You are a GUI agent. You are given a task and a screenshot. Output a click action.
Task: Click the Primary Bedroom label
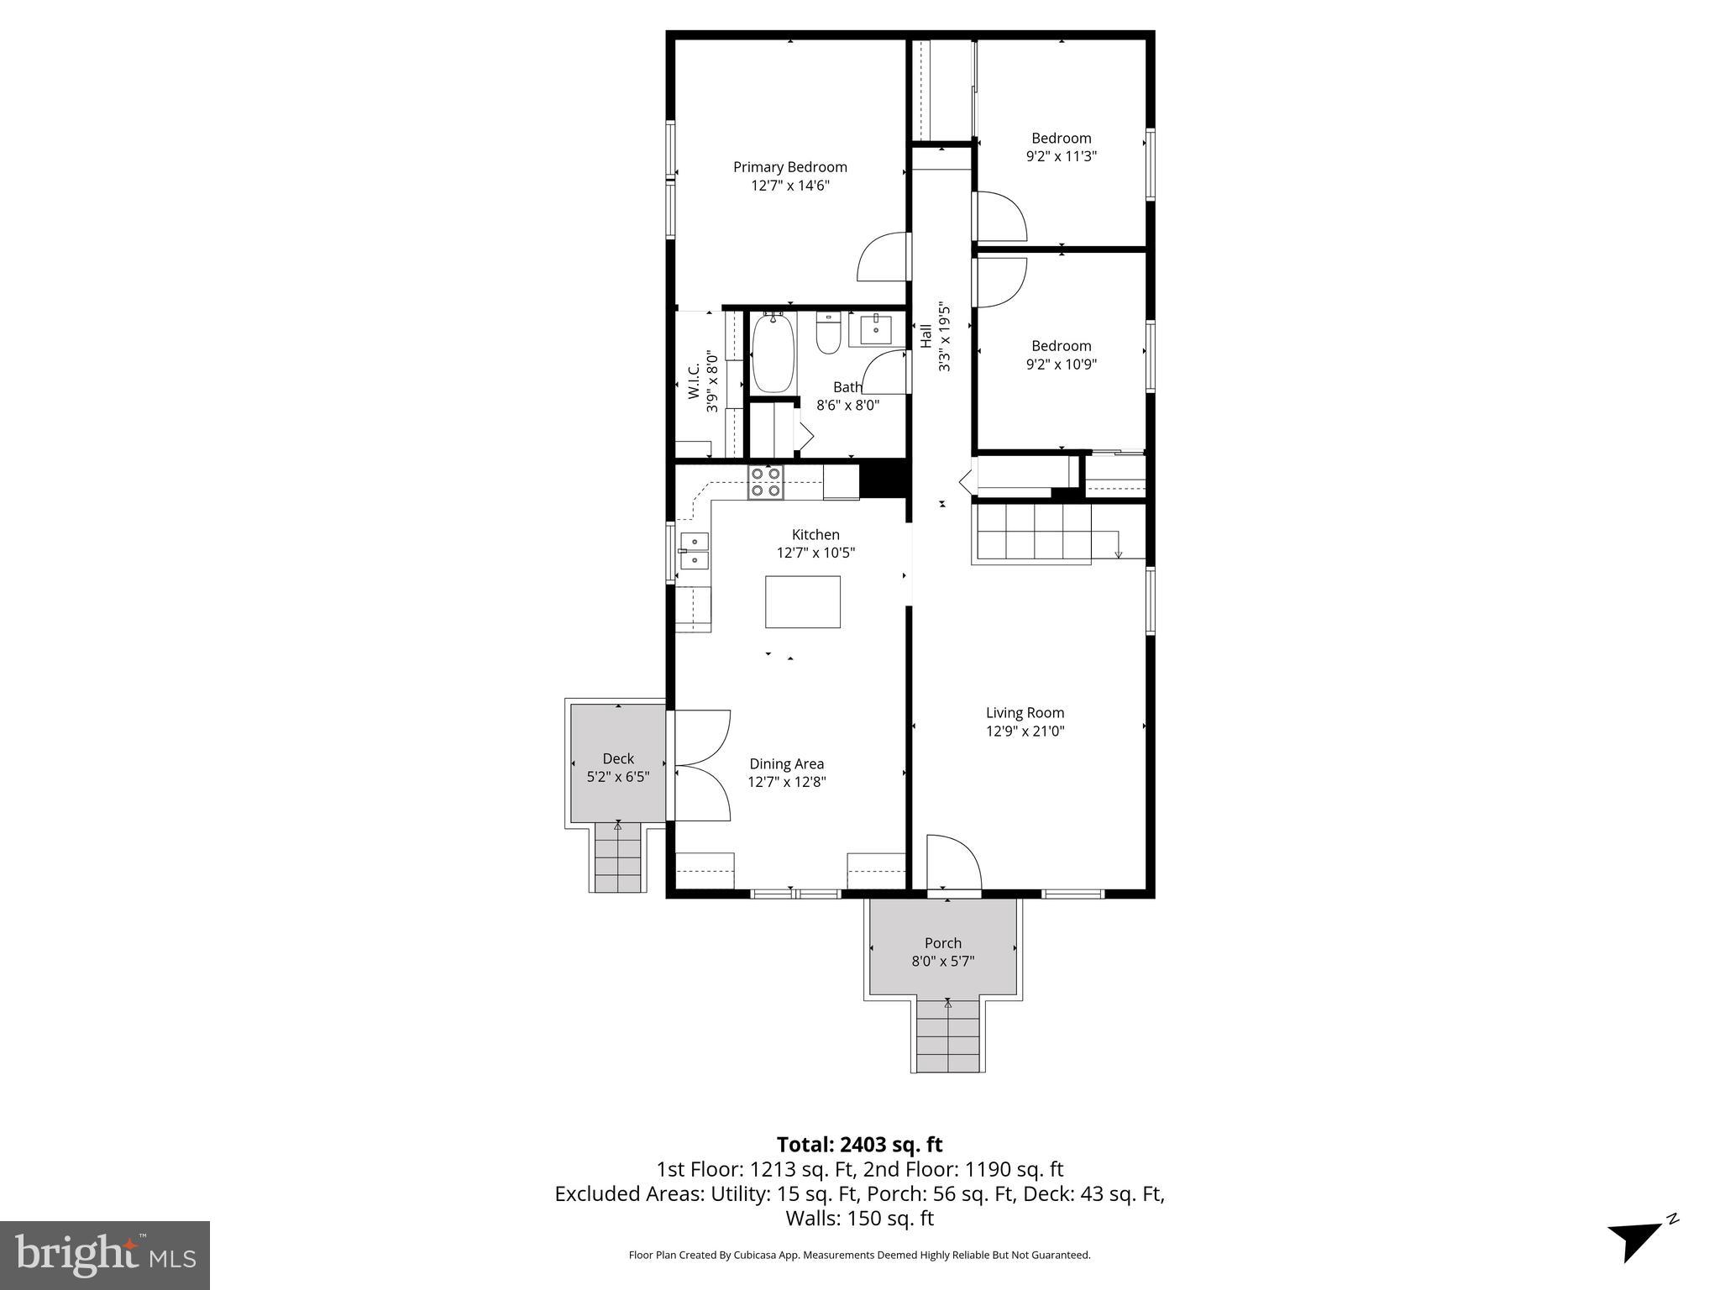(x=789, y=167)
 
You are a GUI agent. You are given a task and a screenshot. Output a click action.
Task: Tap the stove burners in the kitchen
(x=766, y=482)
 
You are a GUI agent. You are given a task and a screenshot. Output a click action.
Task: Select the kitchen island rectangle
(x=802, y=601)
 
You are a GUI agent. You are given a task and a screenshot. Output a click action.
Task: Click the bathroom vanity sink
(x=876, y=330)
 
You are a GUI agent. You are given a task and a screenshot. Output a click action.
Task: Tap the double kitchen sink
(x=694, y=550)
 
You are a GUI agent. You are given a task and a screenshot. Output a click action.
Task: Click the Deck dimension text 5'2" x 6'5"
(x=618, y=777)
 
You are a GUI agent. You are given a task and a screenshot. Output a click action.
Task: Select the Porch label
(x=942, y=943)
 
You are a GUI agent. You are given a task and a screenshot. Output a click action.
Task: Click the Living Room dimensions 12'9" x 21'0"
(x=1025, y=731)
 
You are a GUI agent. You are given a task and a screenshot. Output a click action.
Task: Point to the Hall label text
(x=926, y=336)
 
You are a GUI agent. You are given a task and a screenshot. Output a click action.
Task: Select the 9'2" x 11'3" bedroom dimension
(x=1062, y=156)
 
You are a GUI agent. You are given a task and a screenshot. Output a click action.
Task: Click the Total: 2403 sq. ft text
(x=859, y=1145)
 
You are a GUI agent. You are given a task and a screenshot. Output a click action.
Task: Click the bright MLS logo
(x=105, y=1255)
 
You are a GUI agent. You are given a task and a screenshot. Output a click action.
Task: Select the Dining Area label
(x=786, y=763)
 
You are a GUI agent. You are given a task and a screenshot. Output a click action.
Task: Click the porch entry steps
(x=948, y=1036)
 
